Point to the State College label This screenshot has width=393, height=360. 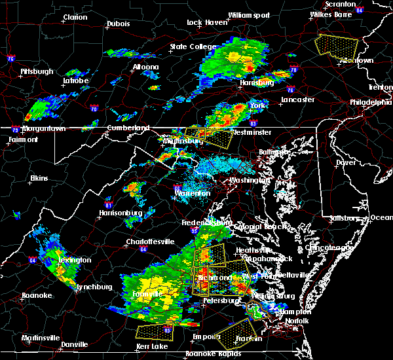click(193, 47)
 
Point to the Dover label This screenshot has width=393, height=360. click(345, 162)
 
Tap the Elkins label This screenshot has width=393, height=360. click(40, 178)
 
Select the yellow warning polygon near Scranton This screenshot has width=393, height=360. click(337, 46)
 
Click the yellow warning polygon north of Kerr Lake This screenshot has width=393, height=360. click(155, 331)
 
